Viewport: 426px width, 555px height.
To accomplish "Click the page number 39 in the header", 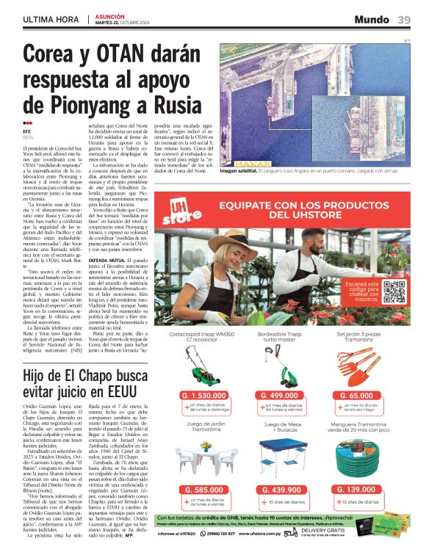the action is click(404, 20).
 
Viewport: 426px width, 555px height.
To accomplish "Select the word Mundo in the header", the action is click(372, 20).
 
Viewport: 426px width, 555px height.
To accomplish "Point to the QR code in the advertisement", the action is click(394, 291).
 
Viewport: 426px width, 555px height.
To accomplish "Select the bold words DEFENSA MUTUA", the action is click(106, 261).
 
